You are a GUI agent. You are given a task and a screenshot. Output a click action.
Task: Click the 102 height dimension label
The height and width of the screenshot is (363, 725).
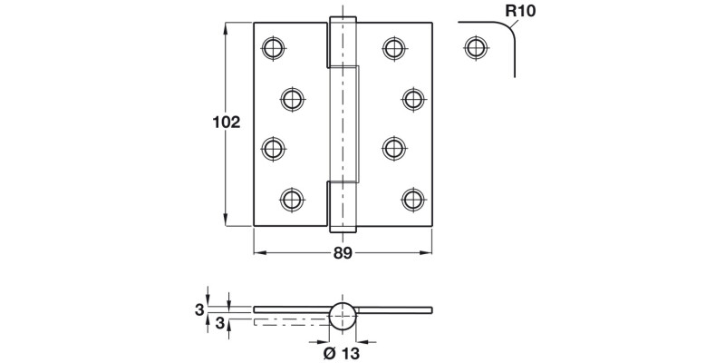pyautogui.click(x=226, y=123)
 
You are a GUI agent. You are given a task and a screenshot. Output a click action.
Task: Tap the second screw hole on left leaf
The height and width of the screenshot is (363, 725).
pyautogui.click(x=291, y=98)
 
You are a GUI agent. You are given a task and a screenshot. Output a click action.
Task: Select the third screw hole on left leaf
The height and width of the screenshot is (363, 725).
pyautogui.click(x=272, y=147)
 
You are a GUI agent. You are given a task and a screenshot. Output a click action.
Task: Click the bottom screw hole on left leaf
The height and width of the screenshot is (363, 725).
pyautogui.click(x=291, y=198)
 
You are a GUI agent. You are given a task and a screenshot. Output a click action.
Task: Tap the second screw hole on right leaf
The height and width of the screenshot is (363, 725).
pyautogui.click(x=413, y=98)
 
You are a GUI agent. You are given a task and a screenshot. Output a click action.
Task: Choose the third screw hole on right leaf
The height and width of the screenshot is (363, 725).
pyautogui.click(x=393, y=147)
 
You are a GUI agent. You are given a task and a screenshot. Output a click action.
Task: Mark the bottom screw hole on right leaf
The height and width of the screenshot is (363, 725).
pyautogui.click(x=413, y=198)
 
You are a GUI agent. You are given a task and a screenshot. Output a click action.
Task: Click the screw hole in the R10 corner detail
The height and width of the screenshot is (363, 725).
pyautogui.click(x=473, y=46)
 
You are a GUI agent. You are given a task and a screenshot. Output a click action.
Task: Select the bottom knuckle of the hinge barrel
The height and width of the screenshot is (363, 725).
pyautogui.click(x=343, y=204)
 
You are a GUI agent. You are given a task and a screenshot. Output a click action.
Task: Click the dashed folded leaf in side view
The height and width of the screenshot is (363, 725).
pyautogui.click(x=290, y=320)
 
